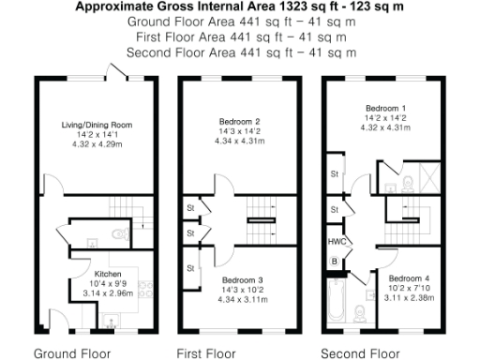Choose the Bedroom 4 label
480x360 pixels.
click(x=408, y=278)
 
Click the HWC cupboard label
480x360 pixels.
click(x=335, y=242)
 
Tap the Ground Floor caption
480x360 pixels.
click(x=72, y=353)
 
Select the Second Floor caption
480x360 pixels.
click(x=359, y=353)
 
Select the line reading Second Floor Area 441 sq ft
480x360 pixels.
click(x=239, y=52)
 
